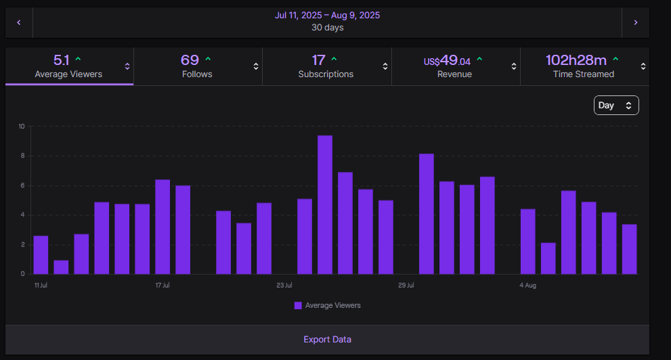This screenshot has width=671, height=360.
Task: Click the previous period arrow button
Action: point(19,22)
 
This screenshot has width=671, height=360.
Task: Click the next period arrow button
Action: point(635,22)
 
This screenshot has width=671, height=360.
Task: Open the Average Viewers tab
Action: point(69,66)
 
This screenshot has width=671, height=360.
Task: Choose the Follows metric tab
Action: point(197,66)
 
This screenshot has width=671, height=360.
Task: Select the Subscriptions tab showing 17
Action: point(326,66)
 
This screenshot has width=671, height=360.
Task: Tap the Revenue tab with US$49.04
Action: point(454,66)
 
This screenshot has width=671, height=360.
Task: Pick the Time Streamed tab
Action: point(583,66)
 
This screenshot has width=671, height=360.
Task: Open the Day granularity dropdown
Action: point(616,106)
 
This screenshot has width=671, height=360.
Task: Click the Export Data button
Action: point(327,339)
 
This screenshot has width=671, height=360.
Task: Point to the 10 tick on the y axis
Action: point(22,127)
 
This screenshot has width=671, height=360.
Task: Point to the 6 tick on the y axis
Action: point(22,185)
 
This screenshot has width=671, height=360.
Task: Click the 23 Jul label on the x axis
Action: point(284,286)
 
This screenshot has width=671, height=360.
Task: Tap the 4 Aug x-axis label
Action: point(528,286)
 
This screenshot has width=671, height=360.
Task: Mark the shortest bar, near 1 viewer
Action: point(61,267)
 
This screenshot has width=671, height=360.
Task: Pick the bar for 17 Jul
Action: point(163,227)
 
